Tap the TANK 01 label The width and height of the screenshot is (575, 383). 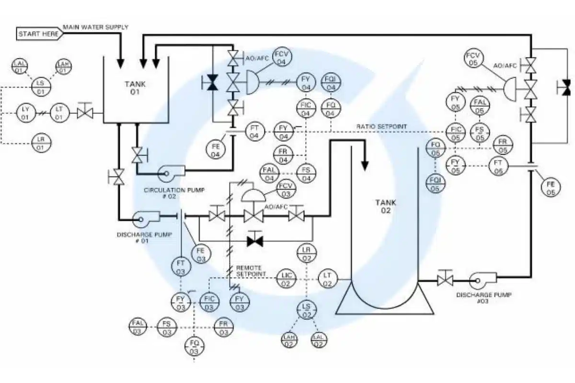(x=135, y=88)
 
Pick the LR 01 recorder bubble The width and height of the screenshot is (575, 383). (x=41, y=143)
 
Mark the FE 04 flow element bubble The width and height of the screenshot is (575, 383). (x=215, y=150)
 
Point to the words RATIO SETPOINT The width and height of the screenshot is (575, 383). (x=382, y=126)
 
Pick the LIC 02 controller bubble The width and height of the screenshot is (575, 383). (x=287, y=279)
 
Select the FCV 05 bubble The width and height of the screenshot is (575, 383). (x=474, y=59)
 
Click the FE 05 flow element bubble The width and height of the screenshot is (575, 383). (x=551, y=188)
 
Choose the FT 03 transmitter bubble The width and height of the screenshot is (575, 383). (x=181, y=267)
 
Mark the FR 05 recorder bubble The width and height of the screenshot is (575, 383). (x=503, y=144)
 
